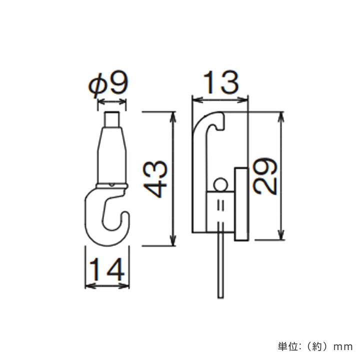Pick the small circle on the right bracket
(219, 185)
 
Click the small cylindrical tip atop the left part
(112, 120)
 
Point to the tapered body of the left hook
(112, 155)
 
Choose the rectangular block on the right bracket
(240, 204)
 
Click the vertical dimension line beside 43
(173, 179)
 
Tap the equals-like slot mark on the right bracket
(220, 206)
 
